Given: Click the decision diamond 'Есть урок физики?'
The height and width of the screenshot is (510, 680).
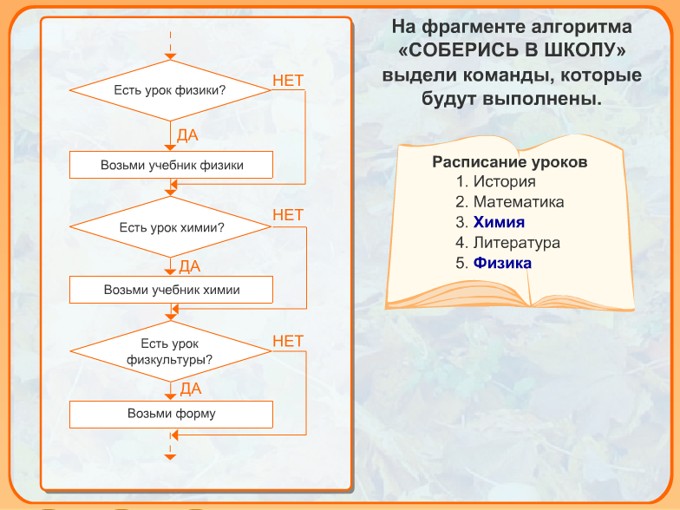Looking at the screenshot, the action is click(170, 90).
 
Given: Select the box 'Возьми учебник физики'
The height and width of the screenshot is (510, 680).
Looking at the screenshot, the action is click(172, 165).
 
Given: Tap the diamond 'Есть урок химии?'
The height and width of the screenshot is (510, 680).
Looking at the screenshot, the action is click(170, 227).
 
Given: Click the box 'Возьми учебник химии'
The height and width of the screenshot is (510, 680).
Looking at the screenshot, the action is click(172, 290).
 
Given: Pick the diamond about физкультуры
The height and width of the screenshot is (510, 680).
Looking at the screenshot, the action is click(170, 351).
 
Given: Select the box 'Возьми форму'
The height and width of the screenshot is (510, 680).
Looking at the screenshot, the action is click(172, 415).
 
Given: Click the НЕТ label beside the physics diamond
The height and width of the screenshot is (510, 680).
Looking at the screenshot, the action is click(288, 81).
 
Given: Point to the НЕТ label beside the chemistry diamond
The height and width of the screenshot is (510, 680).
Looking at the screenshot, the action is click(288, 215).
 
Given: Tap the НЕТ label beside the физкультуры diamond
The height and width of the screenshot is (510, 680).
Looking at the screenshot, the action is click(288, 342).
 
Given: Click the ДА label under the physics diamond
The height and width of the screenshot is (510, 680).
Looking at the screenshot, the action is click(187, 135).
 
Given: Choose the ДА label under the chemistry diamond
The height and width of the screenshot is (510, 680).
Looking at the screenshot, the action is click(189, 266).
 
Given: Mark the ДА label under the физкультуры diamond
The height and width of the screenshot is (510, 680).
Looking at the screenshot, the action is click(191, 389).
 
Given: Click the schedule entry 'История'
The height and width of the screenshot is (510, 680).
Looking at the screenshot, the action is click(505, 181).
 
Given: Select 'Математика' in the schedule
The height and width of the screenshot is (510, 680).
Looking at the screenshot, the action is click(519, 201).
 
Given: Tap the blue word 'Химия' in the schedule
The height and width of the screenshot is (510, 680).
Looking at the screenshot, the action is click(499, 222).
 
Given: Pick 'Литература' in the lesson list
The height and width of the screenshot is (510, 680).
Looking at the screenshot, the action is click(517, 243).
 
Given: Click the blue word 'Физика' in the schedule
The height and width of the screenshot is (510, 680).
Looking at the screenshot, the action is click(502, 263).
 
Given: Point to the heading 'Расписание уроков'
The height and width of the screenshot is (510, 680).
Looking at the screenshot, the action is click(510, 162).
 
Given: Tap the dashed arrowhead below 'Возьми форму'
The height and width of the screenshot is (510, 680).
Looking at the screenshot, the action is click(170, 456).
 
